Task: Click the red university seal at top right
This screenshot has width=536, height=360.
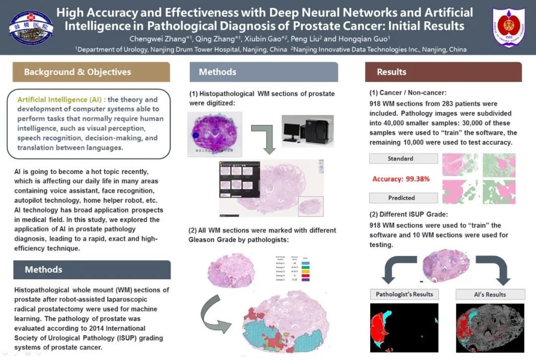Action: coord(509,27)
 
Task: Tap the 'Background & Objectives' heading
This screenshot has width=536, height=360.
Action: coord(77,72)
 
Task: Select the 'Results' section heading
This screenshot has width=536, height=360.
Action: coord(392,72)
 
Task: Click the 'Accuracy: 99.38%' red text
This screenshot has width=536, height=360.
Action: coord(401,179)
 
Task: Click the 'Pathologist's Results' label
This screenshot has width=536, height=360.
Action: coord(404,294)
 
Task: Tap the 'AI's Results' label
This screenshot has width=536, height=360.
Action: coord(489,294)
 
